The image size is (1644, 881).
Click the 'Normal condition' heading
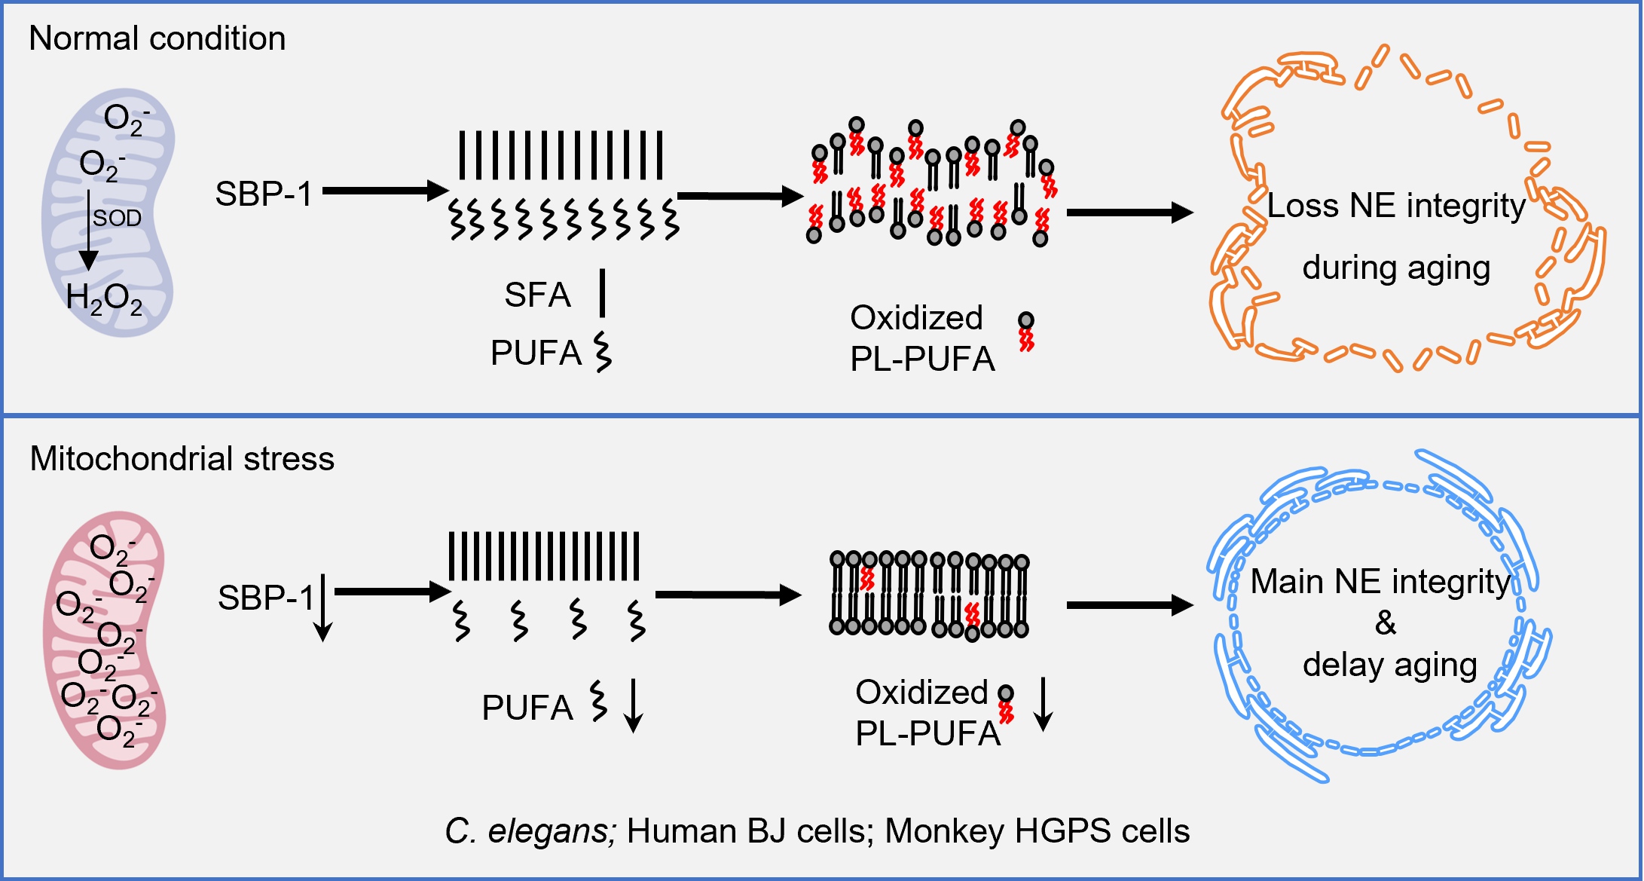click(157, 38)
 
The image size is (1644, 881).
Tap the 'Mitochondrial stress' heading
click(182, 458)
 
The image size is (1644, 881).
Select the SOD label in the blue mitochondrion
click(117, 218)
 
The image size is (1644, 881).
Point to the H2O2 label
click(104, 298)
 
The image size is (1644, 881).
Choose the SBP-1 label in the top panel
click(263, 194)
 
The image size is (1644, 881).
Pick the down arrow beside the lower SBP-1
click(322, 607)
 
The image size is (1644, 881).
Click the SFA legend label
click(537, 295)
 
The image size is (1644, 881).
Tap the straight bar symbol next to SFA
click(602, 293)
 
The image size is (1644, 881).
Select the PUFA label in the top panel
click(536, 353)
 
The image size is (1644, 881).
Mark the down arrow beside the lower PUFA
click(634, 705)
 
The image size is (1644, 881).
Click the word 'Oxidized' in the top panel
click(916, 318)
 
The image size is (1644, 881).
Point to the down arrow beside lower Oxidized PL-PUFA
click(1043, 704)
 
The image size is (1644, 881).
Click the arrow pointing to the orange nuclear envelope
click(1129, 213)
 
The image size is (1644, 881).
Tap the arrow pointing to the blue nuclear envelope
click(1129, 604)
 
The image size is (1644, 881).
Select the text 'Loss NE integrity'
click(1395, 205)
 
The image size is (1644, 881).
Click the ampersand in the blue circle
click(1385, 623)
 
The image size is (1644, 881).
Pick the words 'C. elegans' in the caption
click(530, 831)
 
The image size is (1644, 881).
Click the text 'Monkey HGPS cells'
click(1037, 831)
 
